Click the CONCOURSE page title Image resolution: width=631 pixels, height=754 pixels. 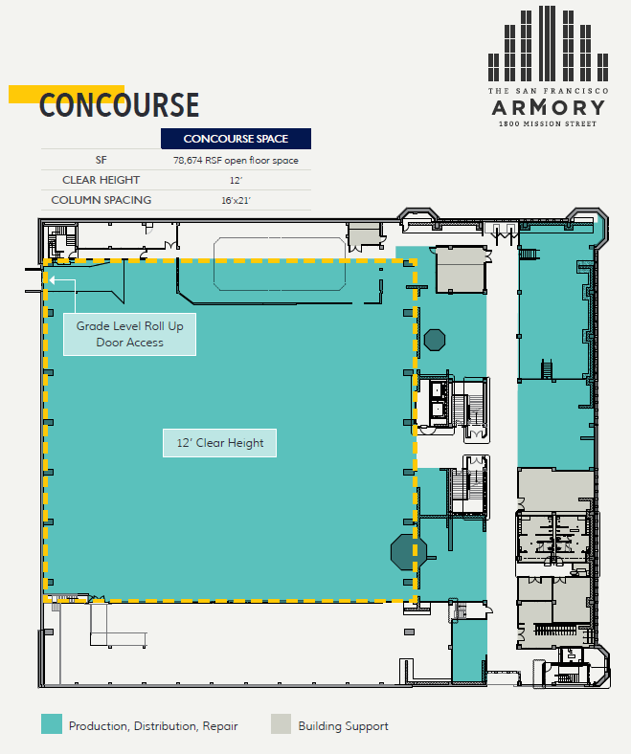tap(119, 105)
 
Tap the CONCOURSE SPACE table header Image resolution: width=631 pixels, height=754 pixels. tap(236, 139)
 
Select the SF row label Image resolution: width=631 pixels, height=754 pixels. tap(101, 160)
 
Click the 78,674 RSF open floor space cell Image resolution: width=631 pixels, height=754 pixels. tap(236, 161)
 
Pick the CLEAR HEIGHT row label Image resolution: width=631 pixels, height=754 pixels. tap(101, 180)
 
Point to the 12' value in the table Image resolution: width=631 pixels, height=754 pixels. tap(236, 181)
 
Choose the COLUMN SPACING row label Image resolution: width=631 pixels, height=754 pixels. tap(101, 200)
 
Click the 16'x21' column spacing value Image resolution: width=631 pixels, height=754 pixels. tap(236, 201)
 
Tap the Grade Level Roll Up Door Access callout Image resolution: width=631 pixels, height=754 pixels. tap(129, 334)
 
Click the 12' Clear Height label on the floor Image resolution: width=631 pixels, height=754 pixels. tap(220, 443)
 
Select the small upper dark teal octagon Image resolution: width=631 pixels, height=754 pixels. tap(435, 340)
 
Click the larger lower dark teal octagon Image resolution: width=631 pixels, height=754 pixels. tap(409, 551)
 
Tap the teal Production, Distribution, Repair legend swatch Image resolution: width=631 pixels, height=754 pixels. tap(52, 724)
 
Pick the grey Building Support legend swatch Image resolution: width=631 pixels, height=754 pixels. tap(281, 724)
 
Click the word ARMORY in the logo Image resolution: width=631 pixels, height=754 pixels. tap(547, 106)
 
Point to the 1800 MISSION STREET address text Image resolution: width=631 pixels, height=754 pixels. tap(547, 123)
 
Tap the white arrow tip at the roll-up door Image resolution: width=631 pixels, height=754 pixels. tap(52, 280)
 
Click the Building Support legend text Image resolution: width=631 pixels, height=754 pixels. tap(343, 725)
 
